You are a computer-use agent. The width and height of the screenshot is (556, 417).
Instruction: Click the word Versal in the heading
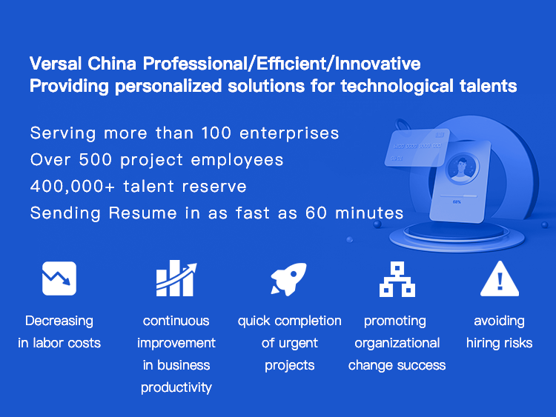[x=56, y=64]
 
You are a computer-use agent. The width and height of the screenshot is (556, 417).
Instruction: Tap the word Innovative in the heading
[x=377, y=64]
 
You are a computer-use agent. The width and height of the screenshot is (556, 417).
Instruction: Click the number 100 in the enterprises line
[x=216, y=133]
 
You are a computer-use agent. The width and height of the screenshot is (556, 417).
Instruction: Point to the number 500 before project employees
[x=96, y=160]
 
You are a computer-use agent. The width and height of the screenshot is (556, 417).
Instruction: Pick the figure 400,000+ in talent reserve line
[x=73, y=187]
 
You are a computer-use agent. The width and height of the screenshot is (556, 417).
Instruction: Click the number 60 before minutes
[x=316, y=213]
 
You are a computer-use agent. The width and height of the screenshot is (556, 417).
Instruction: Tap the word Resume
[x=142, y=213]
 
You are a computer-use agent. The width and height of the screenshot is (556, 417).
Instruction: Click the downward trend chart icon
[x=59, y=278]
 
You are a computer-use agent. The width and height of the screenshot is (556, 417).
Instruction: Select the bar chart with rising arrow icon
[x=176, y=278]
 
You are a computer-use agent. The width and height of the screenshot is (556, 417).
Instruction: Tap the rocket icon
[x=288, y=278]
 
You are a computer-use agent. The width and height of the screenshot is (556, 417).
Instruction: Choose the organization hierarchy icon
[x=397, y=279]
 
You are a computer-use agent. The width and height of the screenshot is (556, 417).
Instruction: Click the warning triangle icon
[x=500, y=279]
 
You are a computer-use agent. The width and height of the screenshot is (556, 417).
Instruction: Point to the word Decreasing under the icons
[x=59, y=321]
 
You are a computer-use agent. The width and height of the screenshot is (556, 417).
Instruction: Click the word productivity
[x=176, y=387]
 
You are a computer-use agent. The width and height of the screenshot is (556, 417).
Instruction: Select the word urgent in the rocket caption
[x=297, y=344]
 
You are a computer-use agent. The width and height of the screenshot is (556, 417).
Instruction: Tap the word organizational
[x=397, y=344]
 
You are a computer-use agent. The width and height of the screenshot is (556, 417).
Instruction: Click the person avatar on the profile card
[x=461, y=168]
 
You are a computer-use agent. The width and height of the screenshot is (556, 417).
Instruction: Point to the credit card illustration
[x=417, y=147]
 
